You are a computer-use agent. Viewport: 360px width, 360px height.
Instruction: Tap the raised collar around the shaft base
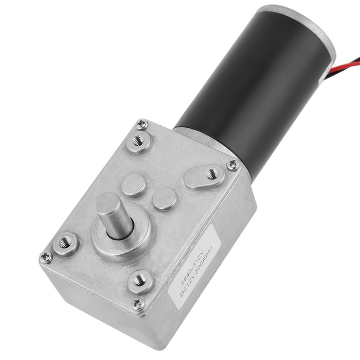coord(130,243)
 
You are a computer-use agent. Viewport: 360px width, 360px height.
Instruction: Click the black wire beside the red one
coord(349,74)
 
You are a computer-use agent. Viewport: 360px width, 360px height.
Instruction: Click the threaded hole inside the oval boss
coord(211,174)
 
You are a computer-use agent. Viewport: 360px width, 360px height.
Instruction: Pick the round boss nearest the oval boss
coord(164,199)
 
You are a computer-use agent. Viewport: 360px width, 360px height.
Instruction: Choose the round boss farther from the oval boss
coord(134,185)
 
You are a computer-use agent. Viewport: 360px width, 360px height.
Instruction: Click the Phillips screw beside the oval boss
coord(233,164)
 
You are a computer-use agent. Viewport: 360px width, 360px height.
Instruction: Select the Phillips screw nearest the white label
coord(138,304)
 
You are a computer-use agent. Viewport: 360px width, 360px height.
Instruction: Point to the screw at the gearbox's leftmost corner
coord(46,257)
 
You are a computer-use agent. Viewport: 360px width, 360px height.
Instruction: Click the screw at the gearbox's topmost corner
coord(142,124)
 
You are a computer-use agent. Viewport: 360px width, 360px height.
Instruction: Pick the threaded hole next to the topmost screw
coord(139,142)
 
